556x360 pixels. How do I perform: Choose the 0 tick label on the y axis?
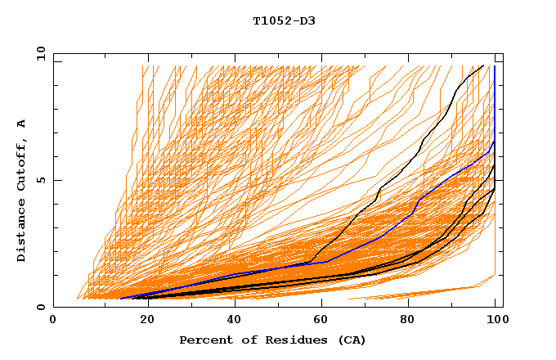pyautogui.click(x=40, y=308)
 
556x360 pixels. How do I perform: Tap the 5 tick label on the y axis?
pyautogui.click(x=40, y=180)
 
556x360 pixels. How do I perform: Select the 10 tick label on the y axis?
pyautogui.click(x=38, y=53)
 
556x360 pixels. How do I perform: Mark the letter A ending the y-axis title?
pyautogui.click(x=22, y=124)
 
